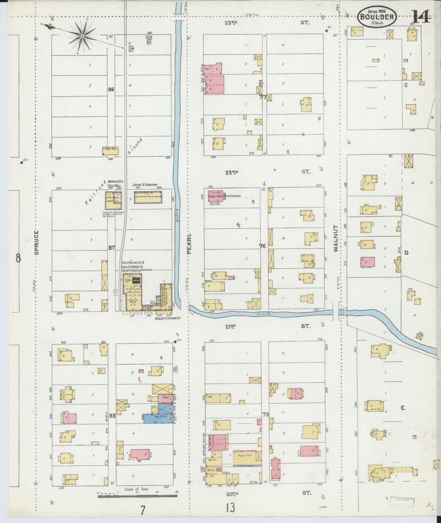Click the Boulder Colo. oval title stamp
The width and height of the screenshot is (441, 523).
(x=377, y=17)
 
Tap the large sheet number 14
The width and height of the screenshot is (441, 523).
(x=421, y=17)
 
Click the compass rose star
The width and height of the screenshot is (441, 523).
(x=82, y=37)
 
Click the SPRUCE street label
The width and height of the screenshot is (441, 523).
(x=37, y=242)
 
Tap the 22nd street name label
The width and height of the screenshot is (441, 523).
(x=232, y=172)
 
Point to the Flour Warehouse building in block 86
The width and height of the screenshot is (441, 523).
(x=110, y=150)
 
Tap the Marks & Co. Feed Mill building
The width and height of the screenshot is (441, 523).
(x=114, y=199)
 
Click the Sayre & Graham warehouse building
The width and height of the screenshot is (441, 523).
(x=148, y=197)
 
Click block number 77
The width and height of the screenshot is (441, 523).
(x=262, y=97)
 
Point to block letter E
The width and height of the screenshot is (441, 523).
(x=403, y=408)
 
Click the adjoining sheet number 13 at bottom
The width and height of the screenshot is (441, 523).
(x=231, y=508)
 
